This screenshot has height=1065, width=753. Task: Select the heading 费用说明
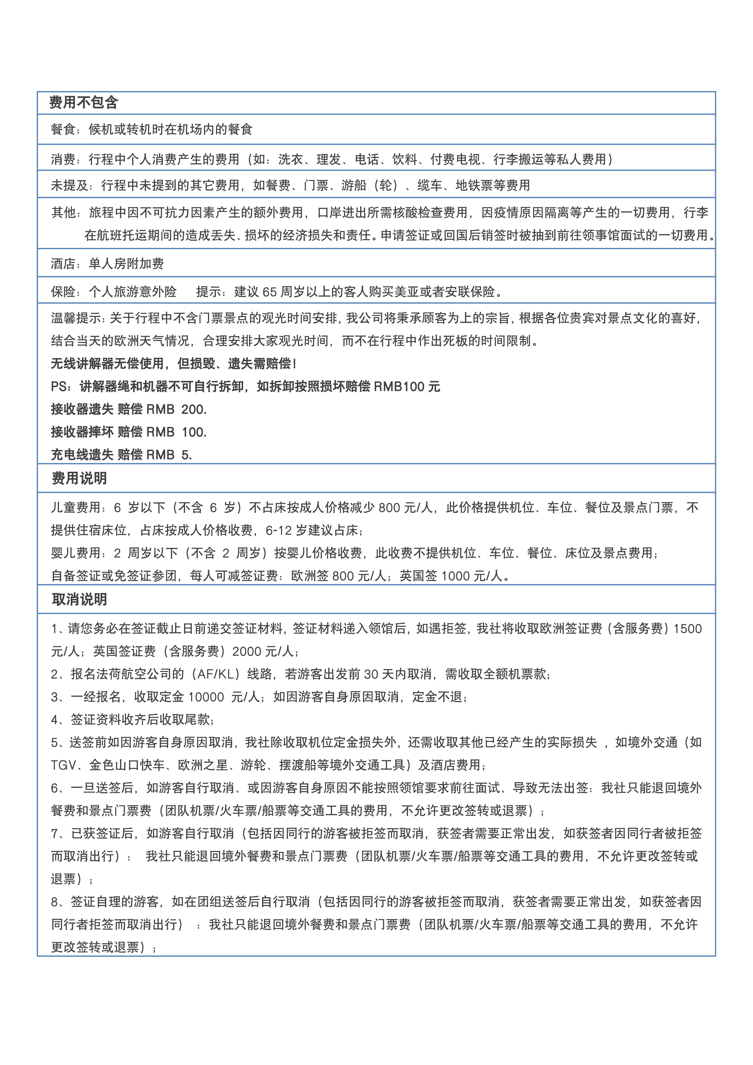(x=79, y=478)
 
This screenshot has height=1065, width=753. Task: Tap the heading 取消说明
(x=79, y=599)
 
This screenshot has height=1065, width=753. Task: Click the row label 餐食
(x=63, y=130)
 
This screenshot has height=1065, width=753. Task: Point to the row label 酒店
(x=63, y=264)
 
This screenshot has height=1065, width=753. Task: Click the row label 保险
(x=63, y=292)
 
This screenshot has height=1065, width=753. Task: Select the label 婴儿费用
(x=76, y=553)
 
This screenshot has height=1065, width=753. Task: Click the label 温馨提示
(x=76, y=318)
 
